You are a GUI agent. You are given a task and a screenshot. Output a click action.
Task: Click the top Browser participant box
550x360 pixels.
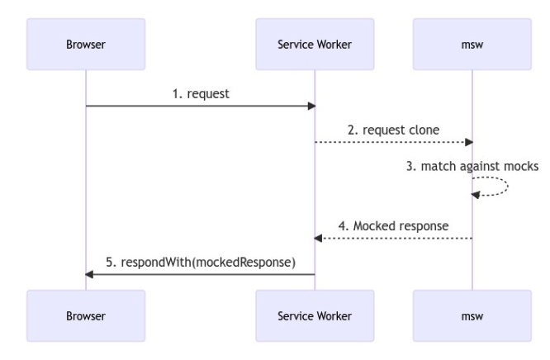tap(86, 45)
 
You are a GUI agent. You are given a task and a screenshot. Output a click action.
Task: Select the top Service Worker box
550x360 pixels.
tap(315, 45)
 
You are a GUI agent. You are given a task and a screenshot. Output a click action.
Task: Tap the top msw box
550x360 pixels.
tap(472, 45)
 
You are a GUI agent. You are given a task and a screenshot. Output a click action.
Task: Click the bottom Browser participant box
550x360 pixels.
tap(86, 315)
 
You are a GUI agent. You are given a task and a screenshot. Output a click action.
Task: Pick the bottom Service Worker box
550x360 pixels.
tap(315, 315)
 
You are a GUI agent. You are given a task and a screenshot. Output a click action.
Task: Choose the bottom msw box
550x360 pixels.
tap(472, 315)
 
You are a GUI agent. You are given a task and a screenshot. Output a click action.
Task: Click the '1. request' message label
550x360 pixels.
tap(201, 94)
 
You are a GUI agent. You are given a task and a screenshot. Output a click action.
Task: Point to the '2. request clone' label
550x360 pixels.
tap(393, 130)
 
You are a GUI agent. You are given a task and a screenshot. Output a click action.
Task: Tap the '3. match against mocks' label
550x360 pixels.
tap(472, 166)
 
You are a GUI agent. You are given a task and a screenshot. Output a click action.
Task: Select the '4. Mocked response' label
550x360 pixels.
tap(393, 226)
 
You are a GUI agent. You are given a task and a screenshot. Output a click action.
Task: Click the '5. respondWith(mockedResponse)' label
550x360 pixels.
tap(201, 263)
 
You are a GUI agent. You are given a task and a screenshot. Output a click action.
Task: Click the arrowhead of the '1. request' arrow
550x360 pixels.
tap(311, 106)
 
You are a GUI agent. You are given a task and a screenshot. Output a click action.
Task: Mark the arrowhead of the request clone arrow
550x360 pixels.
tap(469, 142)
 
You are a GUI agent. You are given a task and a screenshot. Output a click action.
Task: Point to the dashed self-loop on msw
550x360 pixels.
tap(508, 186)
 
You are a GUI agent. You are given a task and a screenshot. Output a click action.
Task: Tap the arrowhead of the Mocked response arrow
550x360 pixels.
tap(318, 239)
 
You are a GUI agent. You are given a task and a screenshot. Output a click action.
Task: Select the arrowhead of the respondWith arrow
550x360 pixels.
tap(89, 274)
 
